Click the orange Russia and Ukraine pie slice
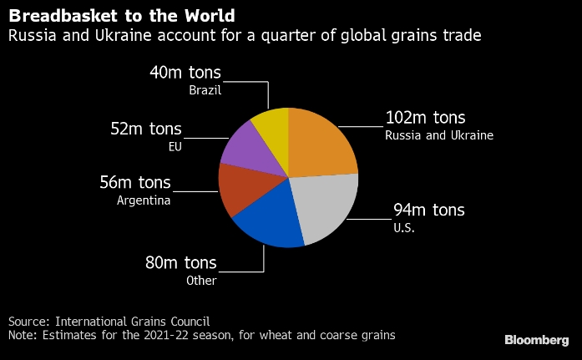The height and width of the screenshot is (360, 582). click(321, 144)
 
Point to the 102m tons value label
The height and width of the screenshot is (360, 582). click(425, 118)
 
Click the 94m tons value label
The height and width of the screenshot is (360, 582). click(429, 210)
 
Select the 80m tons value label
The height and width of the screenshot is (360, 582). click(180, 263)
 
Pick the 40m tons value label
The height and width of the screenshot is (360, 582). click(185, 72)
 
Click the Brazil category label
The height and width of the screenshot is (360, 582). click(206, 89)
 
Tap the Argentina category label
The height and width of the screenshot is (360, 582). click(144, 200)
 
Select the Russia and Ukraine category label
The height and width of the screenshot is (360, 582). click(439, 135)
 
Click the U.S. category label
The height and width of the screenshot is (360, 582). click(403, 227)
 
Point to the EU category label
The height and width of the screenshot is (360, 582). click(174, 146)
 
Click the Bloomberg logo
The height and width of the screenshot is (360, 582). click(536, 340)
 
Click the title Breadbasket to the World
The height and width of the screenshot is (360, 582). click(121, 16)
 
